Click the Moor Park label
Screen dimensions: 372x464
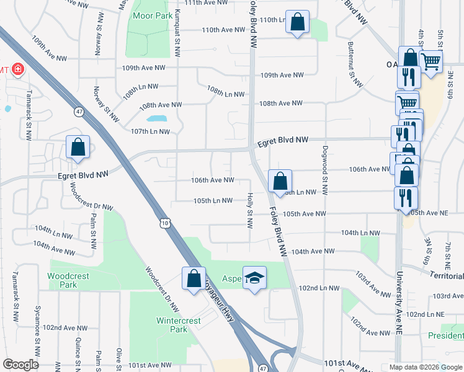pos(148,15)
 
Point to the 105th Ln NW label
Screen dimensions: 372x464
pos(213,201)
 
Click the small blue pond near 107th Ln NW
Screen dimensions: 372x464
pos(157,118)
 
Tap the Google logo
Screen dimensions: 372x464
pos(21,365)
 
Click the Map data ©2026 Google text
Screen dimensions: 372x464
pos(425,367)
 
